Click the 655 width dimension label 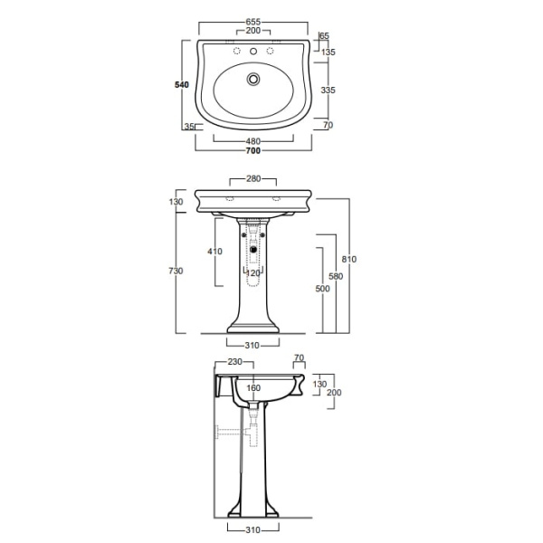253,22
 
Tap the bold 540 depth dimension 182,85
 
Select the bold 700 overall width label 253,150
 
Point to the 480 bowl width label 253,141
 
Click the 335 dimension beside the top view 328,90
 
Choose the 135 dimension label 329,52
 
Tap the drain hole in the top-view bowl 253,79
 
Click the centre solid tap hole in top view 253,52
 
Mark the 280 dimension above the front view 253,178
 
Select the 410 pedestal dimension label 214,251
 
